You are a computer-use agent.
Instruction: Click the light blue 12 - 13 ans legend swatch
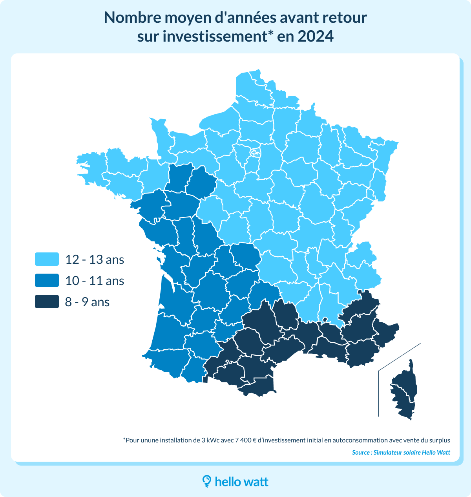tap(47, 259)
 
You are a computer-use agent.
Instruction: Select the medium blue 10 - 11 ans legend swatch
tap(47, 281)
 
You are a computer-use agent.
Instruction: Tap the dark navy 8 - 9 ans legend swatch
tap(47, 302)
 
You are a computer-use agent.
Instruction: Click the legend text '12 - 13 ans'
tap(95, 259)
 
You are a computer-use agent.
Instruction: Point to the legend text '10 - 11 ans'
tap(95, 281)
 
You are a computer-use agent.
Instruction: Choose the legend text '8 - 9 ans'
tap(87, 302)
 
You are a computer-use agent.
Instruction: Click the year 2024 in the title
tap(315, 37)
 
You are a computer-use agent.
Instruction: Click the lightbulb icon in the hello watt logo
tap(207, 481)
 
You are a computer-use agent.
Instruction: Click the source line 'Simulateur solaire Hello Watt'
tap(411, 452)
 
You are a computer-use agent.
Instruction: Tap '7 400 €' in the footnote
tap(245, 440)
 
